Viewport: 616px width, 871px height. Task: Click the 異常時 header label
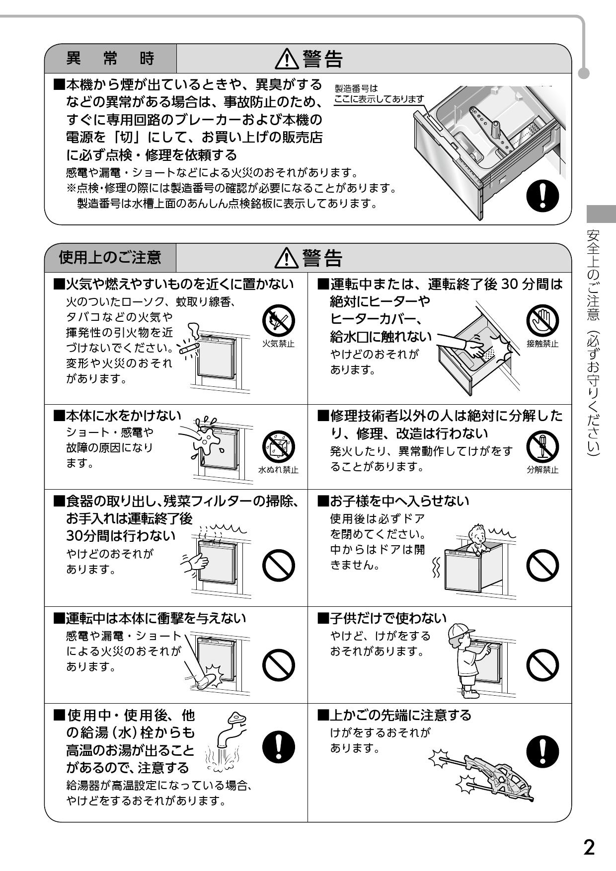(110, 59)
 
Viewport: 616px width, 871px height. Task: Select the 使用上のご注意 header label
(110, 257)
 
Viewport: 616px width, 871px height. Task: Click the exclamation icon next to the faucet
(278, 748)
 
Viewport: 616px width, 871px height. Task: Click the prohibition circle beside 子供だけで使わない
(542, 664)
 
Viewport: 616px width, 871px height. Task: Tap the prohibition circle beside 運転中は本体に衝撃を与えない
(278, 664)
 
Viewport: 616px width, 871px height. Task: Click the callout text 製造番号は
(356, 88)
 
